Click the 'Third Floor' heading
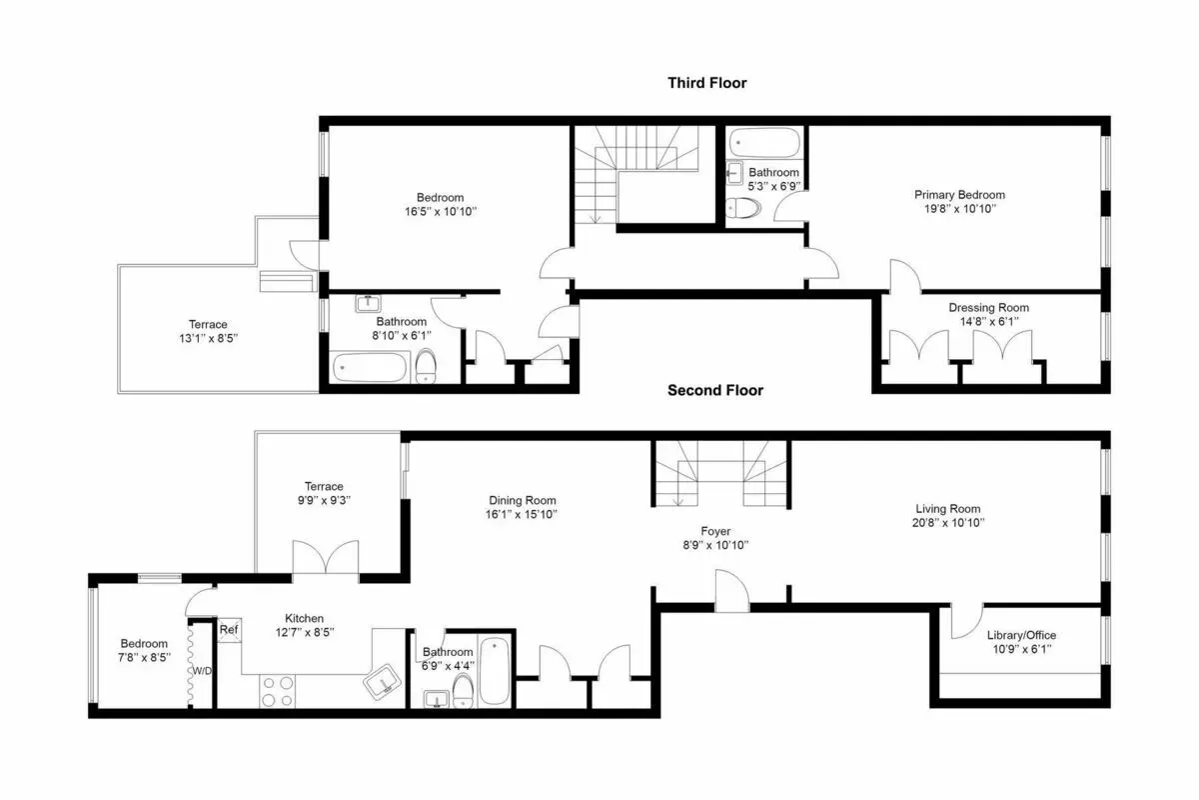click(x=706, y=83)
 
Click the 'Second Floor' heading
click(x=714, y=390)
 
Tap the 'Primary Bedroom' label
click(x=959, y=195)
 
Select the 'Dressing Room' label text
click(x=988, y=308)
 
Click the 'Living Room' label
click(x=950, y=508)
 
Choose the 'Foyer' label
click(x=714, y=531)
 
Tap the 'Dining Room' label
click(x=522, y=500)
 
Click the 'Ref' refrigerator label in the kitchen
click(x=229, y=630)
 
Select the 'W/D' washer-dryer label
click(x=202, y=670)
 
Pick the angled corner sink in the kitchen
click(x=383, y=684)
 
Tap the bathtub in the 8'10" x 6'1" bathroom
click(x=369, y=368)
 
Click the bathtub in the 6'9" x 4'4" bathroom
click(x=496, y=673)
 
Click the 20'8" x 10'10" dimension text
click(x=950, y=522)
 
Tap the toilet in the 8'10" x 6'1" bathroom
click(x=426, y=367)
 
